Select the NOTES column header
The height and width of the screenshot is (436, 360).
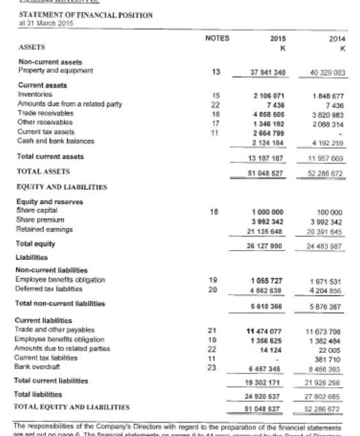[217, 38]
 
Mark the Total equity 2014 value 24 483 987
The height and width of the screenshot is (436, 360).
[329, 244]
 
